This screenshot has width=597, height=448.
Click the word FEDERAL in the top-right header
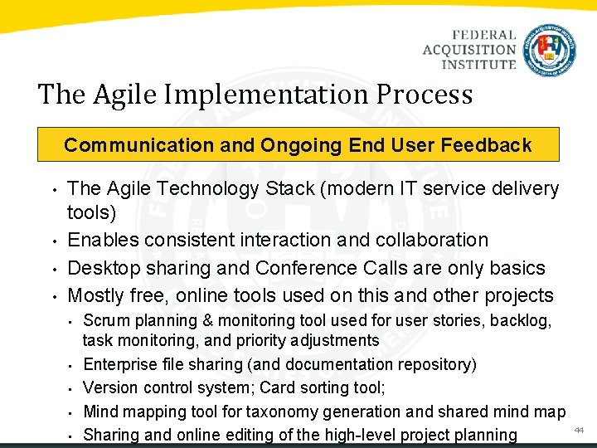[x=484, y=36]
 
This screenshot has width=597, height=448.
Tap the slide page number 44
[x=579, y=430]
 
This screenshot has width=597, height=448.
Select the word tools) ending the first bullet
[x=91, y=213]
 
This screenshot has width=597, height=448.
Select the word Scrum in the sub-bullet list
[x=105, y=320]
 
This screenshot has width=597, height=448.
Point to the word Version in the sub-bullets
[x=110, y=387]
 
